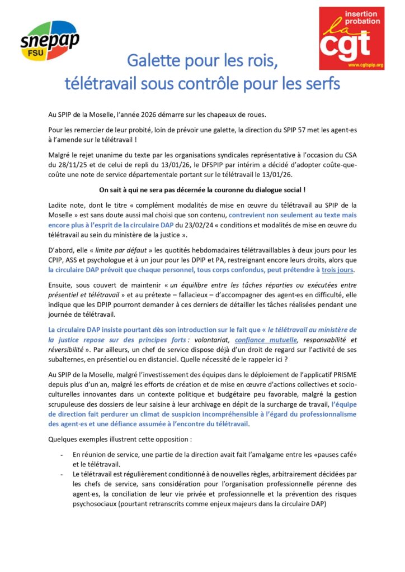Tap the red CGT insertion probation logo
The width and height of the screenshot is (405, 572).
coord(351,38)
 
